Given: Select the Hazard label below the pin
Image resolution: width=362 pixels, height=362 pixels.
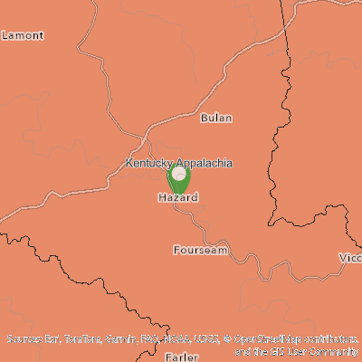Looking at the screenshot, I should [177, 196].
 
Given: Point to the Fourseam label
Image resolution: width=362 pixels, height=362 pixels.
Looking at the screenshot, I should [200, 249].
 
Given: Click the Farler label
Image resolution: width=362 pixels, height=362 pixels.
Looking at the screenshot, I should [182, 357].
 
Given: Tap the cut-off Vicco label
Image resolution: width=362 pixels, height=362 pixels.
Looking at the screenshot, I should [350, 258].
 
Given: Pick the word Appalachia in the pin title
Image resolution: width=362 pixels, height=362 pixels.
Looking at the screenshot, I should [205, 163].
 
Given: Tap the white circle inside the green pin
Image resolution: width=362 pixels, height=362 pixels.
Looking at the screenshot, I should [178, 173].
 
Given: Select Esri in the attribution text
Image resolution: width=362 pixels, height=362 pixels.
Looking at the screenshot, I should [52, 339].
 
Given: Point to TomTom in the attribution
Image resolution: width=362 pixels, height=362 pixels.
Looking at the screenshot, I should [81, 339].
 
